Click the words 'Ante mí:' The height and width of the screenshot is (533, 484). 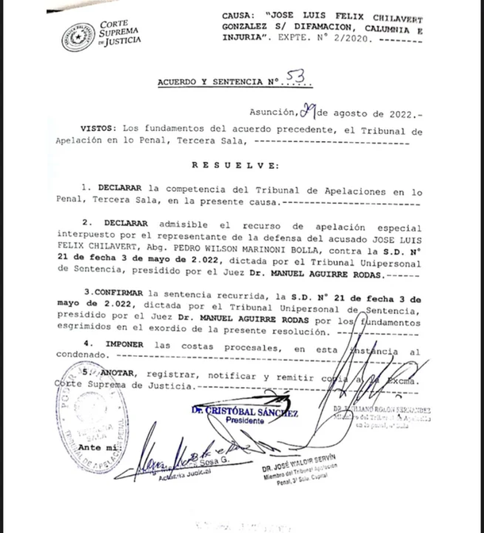tap(96, 448)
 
